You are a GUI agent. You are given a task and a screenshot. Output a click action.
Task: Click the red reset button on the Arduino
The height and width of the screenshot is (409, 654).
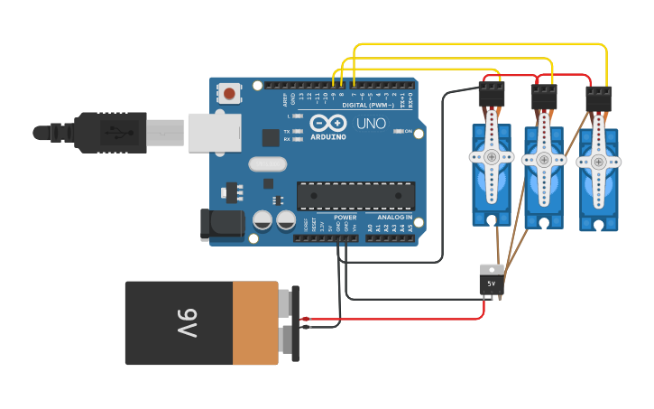230,93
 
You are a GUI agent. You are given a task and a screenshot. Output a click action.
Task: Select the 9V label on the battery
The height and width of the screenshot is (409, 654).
187,322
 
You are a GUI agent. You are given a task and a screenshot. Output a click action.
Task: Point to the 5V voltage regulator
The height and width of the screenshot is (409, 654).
492,280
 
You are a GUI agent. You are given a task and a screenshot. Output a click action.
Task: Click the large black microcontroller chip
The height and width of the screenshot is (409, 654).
356,196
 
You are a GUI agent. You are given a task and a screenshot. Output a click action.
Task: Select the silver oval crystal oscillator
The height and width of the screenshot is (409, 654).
266,164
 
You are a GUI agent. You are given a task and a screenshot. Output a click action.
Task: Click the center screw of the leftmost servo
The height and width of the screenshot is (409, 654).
491,157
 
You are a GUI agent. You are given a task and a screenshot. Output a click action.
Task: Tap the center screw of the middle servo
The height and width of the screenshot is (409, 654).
543,160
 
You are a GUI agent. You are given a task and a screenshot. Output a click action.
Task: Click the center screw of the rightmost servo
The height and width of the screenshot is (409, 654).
597,163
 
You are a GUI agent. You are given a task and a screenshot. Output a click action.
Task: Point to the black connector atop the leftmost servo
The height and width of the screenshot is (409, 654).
491,94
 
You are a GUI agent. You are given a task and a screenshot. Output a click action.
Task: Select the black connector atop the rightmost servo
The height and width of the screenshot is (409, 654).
599,98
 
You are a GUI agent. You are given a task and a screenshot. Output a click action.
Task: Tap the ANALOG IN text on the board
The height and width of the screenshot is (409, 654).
394,218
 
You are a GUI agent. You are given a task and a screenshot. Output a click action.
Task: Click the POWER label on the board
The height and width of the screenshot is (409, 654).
345,218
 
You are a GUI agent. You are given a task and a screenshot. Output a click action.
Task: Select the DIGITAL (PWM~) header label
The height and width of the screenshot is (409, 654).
369,105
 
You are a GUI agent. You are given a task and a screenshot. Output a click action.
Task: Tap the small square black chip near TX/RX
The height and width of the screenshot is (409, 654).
271,137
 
